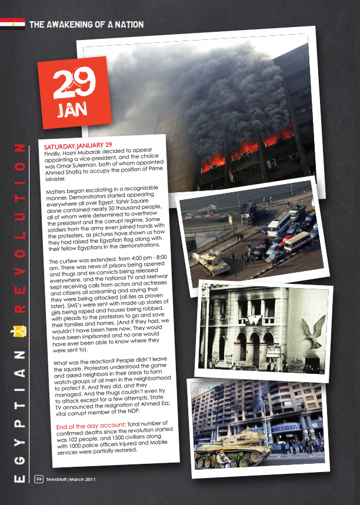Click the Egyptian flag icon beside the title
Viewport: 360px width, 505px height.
12,24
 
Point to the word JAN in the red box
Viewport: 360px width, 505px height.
73,110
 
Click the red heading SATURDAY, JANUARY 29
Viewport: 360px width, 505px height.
78,144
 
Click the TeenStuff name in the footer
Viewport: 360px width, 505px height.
57,477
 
